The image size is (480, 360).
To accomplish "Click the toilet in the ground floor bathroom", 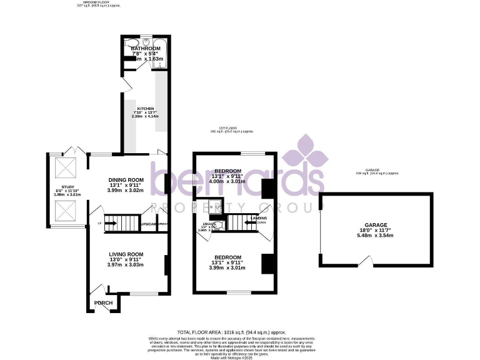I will (x=130, y=44).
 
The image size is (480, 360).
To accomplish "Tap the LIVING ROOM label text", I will (x=126, y=254).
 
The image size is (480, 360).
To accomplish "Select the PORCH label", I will (x=104, y=303).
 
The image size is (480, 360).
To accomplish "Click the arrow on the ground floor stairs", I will (x=112, y=222).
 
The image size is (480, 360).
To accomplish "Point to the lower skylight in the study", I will (x=64, y=212).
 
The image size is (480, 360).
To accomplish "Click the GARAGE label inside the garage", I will (x=376, y=225).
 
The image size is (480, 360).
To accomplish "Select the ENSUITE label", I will (x=209, y=223).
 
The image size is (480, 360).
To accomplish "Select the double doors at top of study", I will (x=74, y=152).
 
